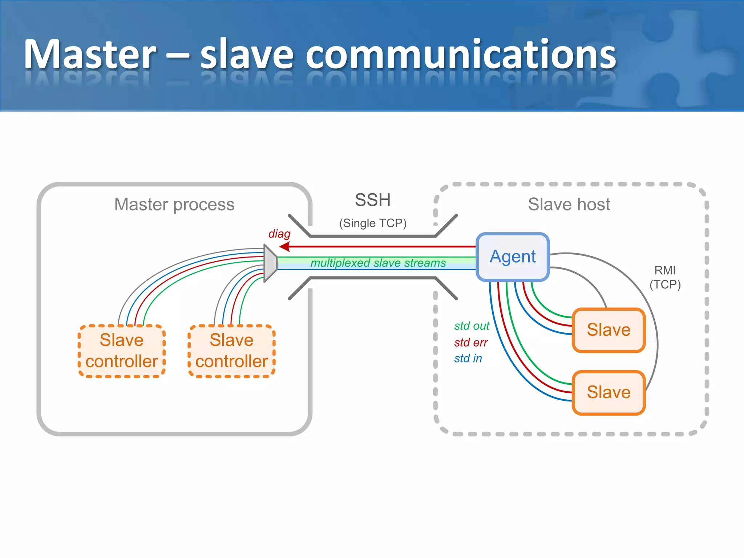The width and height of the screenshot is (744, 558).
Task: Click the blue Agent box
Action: click(x=512, y=257)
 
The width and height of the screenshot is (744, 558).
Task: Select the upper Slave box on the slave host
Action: click(x=608, y=330)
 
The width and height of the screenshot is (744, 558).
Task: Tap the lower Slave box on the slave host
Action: click(x=608, y=392)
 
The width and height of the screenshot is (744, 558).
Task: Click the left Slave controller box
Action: click(x=122, y=351)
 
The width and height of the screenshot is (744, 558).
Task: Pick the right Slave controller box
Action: click(x=231, y=351)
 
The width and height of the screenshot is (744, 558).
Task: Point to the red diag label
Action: click(x=279, y=234)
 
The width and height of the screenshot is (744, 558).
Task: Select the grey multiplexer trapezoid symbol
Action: click(x=270, y=263)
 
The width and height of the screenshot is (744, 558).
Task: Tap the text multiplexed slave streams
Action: click(x=378, y=263)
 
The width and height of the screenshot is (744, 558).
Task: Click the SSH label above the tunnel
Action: click(x=373, y=200)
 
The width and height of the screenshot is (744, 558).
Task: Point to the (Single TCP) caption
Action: click(x=373, y=223)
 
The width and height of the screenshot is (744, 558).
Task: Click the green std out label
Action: click(x=471, y=326)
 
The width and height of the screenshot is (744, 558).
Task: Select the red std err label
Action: click(x=470, y=342)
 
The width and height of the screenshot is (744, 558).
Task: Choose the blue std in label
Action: click(x=468, y=358)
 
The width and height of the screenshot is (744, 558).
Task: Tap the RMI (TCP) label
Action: click(x=665, y=277)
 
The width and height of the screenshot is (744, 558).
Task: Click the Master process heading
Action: click(x=174, y=204)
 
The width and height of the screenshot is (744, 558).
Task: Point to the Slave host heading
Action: click(x=569, y=204)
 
